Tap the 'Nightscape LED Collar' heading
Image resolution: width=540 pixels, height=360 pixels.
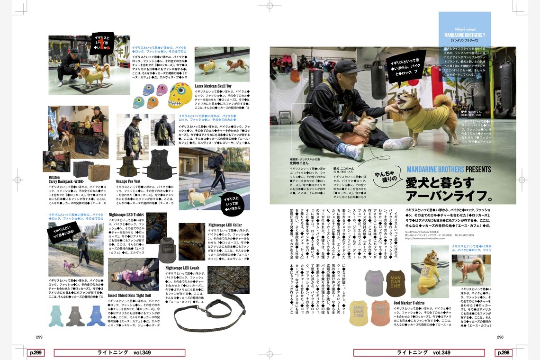(225, 225)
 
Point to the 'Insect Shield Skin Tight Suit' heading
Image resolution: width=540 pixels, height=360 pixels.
(130, 295)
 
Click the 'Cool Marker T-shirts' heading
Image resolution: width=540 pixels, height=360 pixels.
(409, 303)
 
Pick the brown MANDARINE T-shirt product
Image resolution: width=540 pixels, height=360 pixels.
(396, 283)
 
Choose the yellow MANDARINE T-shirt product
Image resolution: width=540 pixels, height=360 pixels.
(359, 313)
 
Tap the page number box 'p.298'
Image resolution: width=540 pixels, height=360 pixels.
(504, 352)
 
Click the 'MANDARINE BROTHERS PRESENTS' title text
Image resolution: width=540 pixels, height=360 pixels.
(449, 169)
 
